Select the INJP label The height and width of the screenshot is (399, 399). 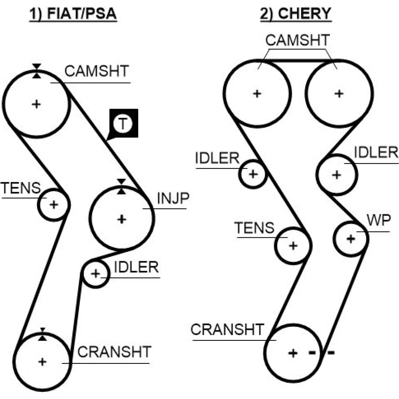173,199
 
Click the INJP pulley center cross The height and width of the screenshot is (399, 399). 121,219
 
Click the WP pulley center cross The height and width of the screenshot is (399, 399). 350,239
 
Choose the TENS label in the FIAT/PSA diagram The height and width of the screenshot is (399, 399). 21,188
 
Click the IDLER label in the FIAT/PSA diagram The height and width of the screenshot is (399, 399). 136,267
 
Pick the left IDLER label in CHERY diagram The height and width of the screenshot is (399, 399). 217,158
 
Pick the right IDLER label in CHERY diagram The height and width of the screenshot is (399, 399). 376,152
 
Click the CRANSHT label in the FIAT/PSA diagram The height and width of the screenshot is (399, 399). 115,352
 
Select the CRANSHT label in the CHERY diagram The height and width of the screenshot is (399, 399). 227,330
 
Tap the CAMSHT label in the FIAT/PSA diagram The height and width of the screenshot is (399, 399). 97,71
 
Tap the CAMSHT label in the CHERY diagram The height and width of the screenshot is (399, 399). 298,40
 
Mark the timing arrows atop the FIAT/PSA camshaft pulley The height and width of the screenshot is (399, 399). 37,70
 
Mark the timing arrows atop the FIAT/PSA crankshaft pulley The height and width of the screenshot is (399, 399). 42,334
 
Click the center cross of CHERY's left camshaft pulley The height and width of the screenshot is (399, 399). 257,94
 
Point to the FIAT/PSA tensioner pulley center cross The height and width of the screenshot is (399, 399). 53,204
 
